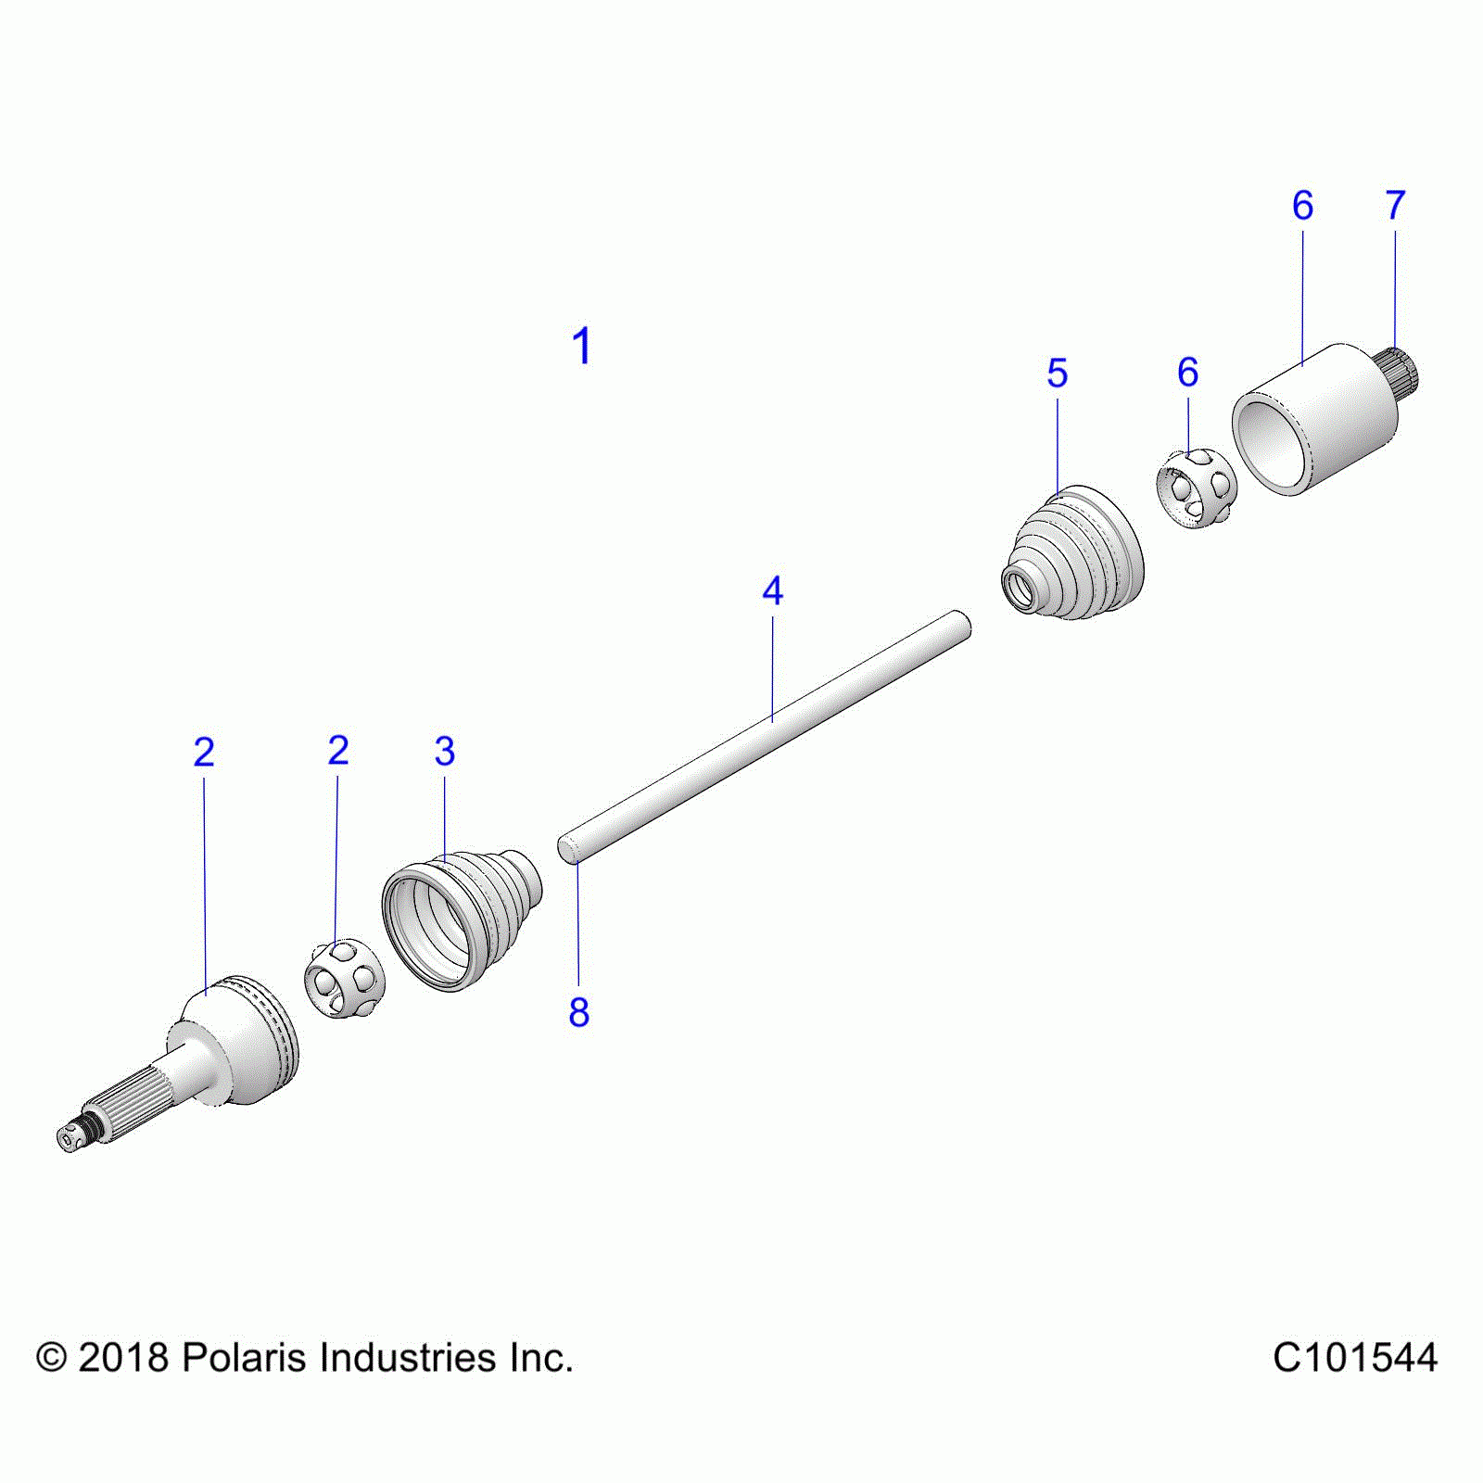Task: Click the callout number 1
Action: pos(581,347)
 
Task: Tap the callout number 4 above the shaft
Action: pos(772,590)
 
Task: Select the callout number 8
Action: pos(579,1012)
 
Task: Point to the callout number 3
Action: pos(445,751)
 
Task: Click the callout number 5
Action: pos(1058,373)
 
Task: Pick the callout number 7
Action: pos(1395,205)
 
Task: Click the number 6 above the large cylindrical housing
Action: pos(1302,205)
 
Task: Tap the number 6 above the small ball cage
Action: pos(1188,372)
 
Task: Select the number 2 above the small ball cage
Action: pos(338,750)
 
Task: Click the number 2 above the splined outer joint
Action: pos(204,752)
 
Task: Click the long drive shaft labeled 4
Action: pos(765,737)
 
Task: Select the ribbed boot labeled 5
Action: pos(1073,552)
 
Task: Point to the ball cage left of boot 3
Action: pos(344,978)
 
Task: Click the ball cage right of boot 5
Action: pos(1197,488)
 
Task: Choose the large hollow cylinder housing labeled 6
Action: pos(1315,419)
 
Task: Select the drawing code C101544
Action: pos(1355,1358)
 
